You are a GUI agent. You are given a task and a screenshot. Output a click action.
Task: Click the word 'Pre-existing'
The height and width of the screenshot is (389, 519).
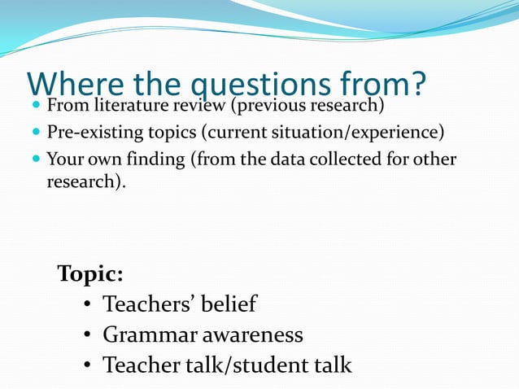pyautogui.click(x=92, y=133)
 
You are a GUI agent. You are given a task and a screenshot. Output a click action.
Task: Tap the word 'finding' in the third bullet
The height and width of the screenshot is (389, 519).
pyautogui.click(x=158, y=160)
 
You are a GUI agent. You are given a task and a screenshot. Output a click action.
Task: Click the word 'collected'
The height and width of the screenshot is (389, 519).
pyautogui.click(x=351, y=160)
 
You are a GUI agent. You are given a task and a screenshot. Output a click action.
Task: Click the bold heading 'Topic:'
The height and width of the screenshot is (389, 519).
pyautogui.click(x=90, y=273)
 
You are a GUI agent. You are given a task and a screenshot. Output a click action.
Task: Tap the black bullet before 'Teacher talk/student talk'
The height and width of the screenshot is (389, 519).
pyautogui.click(x=87, y=366)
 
